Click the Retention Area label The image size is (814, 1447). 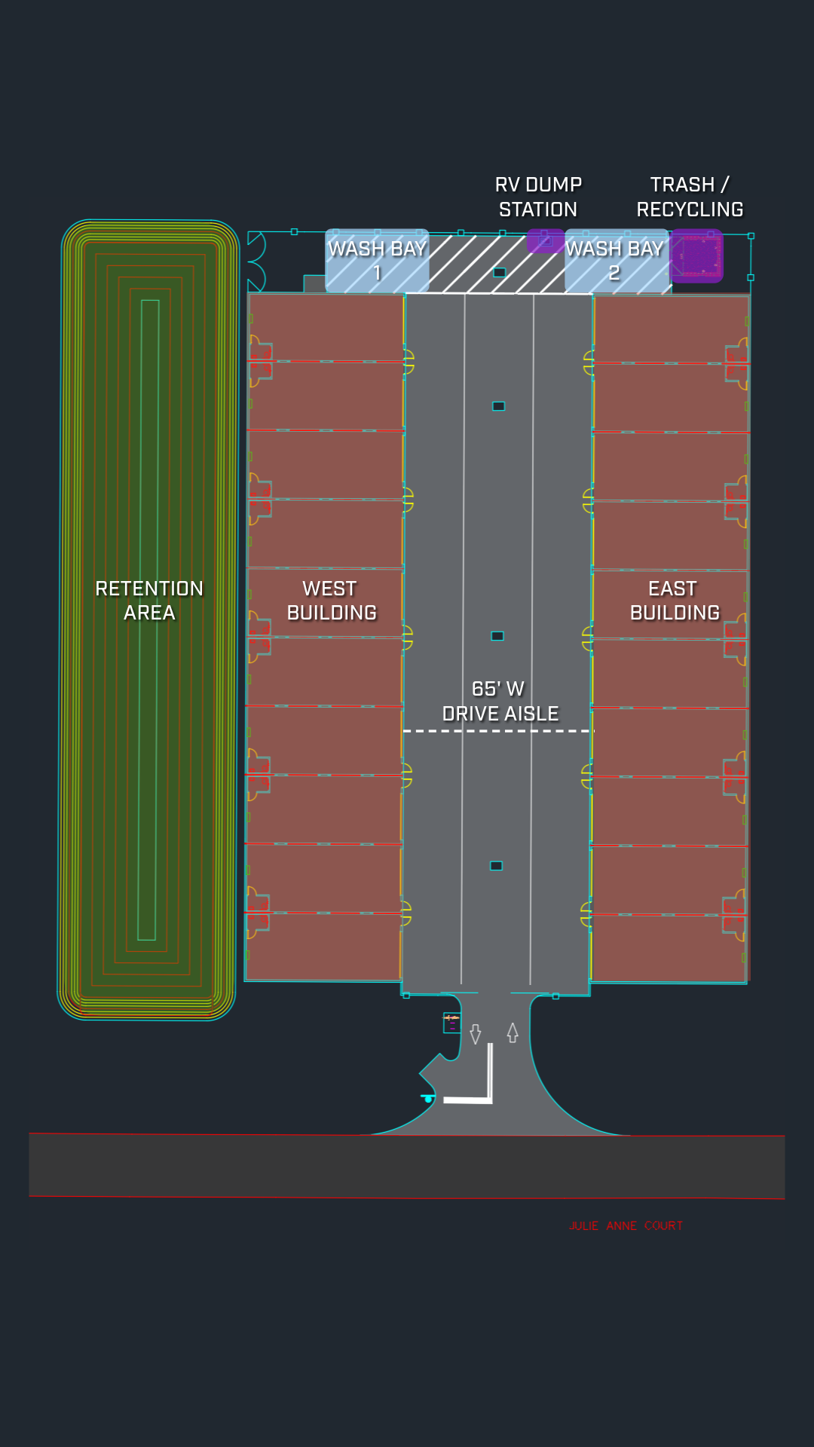click(149, 601)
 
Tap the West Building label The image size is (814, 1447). click(331, 601)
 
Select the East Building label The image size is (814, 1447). click(674, 601)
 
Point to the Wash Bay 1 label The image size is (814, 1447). click(377, 260)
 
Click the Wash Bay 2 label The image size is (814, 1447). click(614, 260)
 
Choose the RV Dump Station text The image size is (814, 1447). click(538, 197)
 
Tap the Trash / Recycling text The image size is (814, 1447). click(690, 197)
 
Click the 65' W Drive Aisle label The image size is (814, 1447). click(500, 702)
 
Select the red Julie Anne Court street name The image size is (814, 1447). click(626, 1226)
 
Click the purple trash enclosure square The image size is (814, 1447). click(696, 256)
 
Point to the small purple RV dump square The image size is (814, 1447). click(544, 240)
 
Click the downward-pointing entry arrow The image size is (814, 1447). click(476, 1034)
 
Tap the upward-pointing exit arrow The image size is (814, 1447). click(513, 1032)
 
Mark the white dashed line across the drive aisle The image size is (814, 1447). click(498, 731)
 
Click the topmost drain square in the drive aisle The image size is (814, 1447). click(499, 272)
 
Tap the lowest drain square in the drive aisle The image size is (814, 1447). click(496, 866)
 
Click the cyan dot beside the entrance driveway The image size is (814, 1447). click(428, 1099)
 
